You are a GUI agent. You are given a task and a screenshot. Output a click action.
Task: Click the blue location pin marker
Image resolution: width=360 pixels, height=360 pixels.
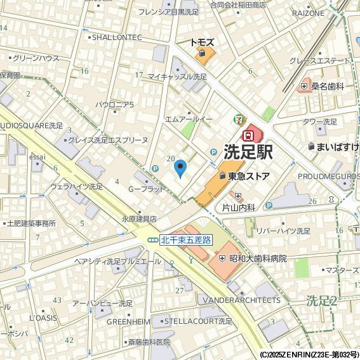(180, 169)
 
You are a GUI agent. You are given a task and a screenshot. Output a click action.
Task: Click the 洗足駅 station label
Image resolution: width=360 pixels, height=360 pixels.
(248, 152)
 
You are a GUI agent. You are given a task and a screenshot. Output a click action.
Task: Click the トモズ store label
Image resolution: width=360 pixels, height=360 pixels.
(203, 43)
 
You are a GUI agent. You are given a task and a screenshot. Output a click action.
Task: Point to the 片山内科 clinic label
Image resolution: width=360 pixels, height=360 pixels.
(238, 207)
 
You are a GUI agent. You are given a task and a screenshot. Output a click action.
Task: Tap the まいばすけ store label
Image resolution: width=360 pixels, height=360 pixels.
(337, 147)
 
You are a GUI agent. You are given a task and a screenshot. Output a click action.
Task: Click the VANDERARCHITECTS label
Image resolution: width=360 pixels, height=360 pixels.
(240, 300)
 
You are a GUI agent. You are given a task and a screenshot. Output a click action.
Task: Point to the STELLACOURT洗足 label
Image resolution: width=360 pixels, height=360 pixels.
(199, 321)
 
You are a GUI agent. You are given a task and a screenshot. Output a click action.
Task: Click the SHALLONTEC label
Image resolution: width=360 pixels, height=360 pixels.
(117, 37)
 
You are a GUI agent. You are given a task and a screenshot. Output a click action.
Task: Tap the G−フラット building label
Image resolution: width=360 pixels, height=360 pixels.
(146, 189)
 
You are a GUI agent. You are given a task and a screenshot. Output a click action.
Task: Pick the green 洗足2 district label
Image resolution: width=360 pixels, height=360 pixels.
(321, 299)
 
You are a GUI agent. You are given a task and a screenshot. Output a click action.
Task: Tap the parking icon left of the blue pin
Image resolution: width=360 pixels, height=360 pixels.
(155, 169)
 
